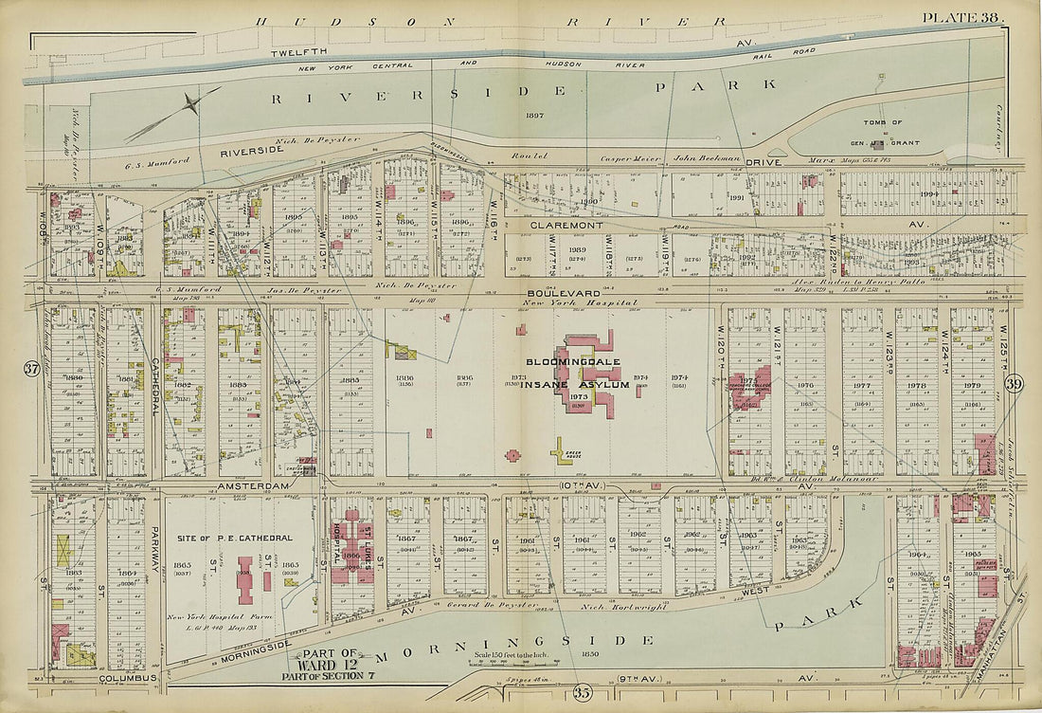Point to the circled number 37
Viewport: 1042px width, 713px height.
[31, 370]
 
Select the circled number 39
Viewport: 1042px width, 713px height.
[1015, 382]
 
